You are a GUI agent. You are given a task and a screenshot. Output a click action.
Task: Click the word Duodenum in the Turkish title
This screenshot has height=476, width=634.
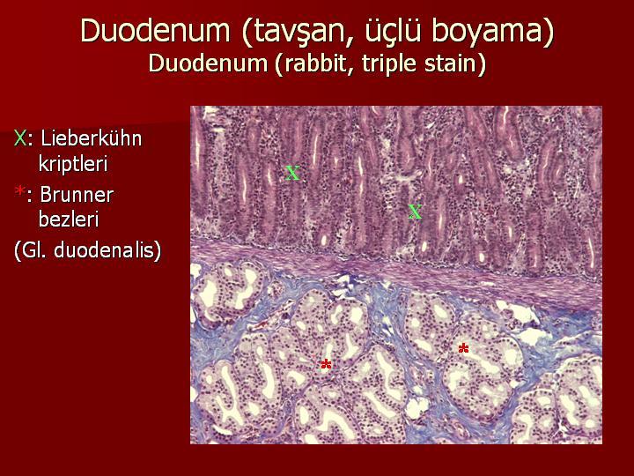tap(155, 30)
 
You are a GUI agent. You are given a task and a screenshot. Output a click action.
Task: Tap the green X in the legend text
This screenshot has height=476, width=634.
tap(19, 138)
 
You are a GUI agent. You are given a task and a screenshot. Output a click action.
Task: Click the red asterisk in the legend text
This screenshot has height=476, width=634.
tap(19, 190)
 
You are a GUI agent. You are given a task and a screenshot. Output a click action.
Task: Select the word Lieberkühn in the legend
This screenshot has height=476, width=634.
tap(92, 138)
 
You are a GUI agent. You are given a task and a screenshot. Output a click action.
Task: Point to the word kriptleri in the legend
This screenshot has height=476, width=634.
tap(73, 164)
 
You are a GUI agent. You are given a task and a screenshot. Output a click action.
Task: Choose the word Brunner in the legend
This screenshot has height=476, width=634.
tap(77, 195)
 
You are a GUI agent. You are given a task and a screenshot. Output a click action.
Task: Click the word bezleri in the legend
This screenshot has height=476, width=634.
tap(69, 219)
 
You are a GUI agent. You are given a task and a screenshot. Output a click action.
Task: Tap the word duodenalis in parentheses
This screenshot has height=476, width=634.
tap(107, 250)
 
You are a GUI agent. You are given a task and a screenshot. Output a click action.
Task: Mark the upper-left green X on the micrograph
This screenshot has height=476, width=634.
tap(292, 174)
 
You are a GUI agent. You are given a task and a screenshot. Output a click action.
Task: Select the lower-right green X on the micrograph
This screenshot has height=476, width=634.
tap(415, 212)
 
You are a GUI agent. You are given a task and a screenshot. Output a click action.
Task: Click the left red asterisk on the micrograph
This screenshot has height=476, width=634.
tap(326, 364)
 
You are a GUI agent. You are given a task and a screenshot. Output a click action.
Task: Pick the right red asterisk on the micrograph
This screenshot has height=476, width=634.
tap(463, 348)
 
